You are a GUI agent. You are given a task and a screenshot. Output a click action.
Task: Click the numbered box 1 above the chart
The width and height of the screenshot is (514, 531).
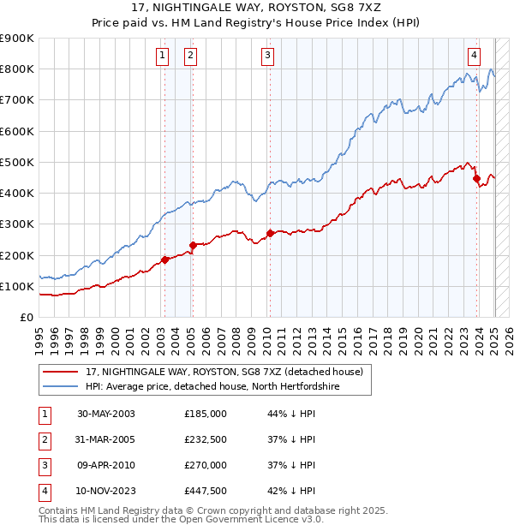coord(162,56)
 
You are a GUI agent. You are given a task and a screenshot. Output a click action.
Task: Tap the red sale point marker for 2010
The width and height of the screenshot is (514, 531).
coord(270,233)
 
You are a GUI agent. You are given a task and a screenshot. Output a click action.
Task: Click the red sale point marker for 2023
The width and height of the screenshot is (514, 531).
coord(477,179)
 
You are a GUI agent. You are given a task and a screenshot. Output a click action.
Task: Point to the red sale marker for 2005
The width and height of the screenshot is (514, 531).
coord(193,245)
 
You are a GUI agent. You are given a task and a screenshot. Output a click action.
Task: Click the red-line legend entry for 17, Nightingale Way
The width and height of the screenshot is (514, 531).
coord(224,372)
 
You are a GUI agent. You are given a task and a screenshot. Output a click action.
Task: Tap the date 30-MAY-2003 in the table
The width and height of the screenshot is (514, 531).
coord(105,414)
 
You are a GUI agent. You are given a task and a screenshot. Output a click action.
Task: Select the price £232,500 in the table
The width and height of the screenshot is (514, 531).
coord(206,439)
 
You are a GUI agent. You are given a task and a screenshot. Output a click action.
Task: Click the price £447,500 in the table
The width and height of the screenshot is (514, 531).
coord(206,491)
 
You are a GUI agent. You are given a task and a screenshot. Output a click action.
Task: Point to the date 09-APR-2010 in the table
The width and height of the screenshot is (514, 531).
coord(105,465)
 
